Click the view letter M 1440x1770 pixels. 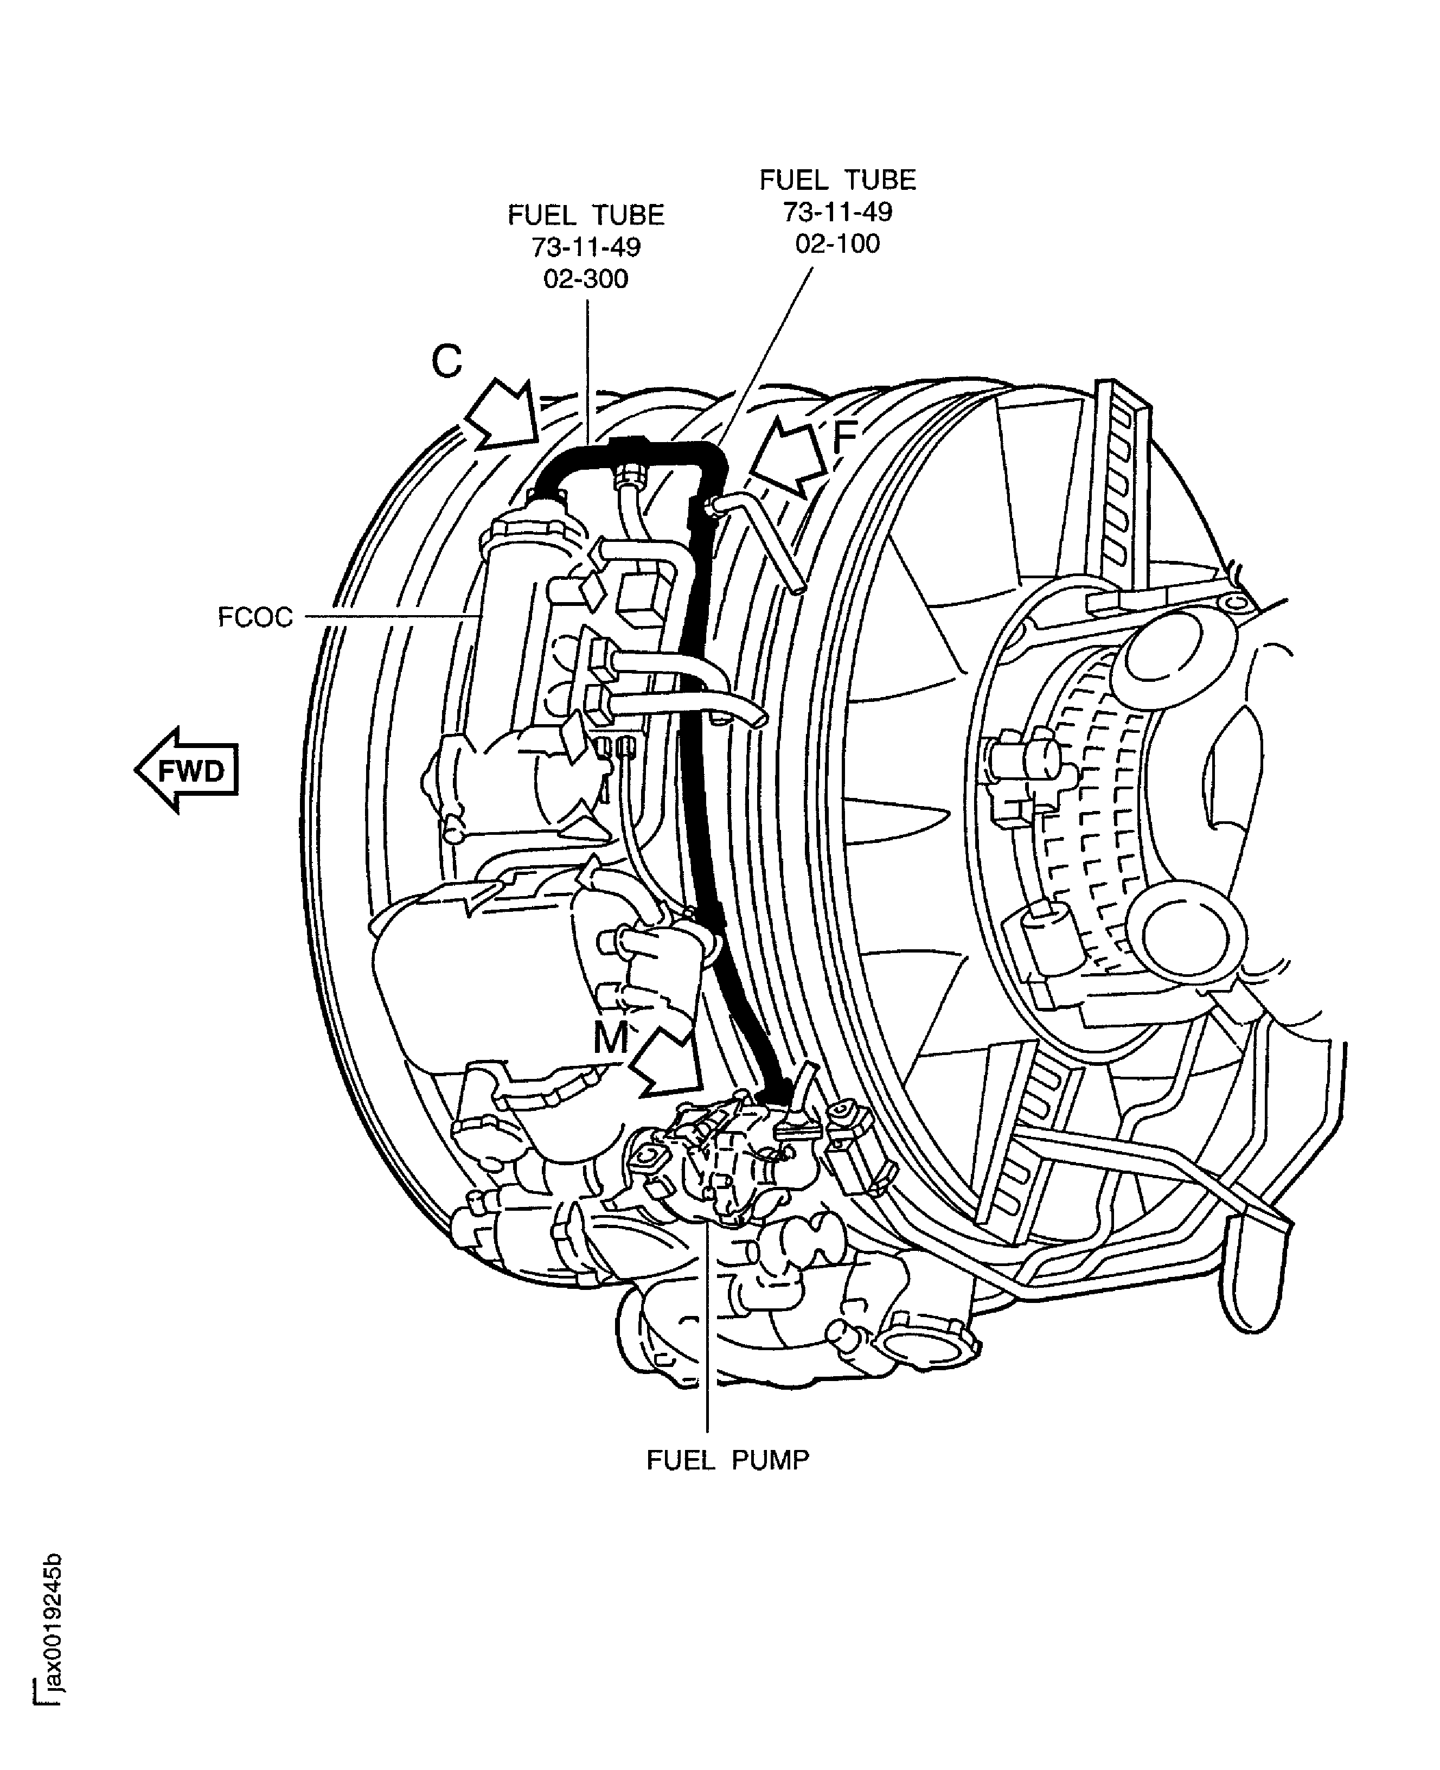[611, 1038]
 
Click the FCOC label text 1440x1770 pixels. [255, 618]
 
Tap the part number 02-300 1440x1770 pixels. [586, 279]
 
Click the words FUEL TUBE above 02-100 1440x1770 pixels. [837, 180]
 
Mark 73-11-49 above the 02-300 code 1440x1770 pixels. [586, 247]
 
